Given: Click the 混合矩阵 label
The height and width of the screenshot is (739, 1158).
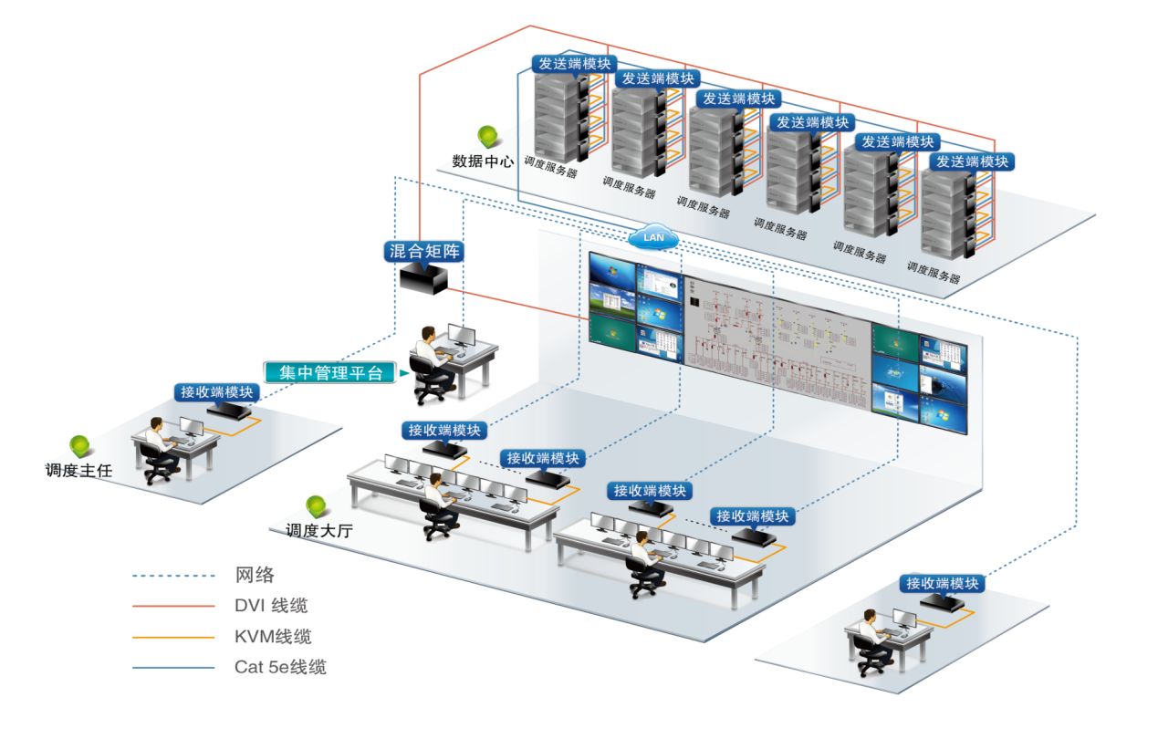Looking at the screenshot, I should point(424,251).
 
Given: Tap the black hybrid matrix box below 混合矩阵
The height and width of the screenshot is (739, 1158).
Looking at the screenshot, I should point(424,277).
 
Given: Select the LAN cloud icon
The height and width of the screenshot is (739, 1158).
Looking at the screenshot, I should point(653,237).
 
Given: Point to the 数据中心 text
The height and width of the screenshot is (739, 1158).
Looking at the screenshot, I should point(483,162).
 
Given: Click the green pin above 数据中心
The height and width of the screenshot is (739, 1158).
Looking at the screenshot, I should point(489,137).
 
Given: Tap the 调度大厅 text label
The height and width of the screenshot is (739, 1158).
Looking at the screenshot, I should point(318,530).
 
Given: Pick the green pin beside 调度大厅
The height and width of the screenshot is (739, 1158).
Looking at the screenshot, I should point(317,505).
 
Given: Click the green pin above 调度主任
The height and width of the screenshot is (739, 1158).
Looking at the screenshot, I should point(80,446).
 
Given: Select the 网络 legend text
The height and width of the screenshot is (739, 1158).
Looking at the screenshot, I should point(255,575).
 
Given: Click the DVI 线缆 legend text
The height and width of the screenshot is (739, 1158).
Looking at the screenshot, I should point(271,606).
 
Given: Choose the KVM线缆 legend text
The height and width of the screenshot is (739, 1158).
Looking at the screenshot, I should point(272,637).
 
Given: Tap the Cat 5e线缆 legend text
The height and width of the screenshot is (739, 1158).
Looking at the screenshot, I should point(279,667).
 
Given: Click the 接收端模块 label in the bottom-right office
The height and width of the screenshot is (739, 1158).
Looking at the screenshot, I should point(942,583).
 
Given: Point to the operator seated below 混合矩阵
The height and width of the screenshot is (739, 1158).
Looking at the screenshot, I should point(430,360).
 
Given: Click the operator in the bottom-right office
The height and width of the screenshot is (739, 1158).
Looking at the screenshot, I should point(872,640).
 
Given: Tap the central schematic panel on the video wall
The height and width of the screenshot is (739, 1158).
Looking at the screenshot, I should point(777,333).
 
